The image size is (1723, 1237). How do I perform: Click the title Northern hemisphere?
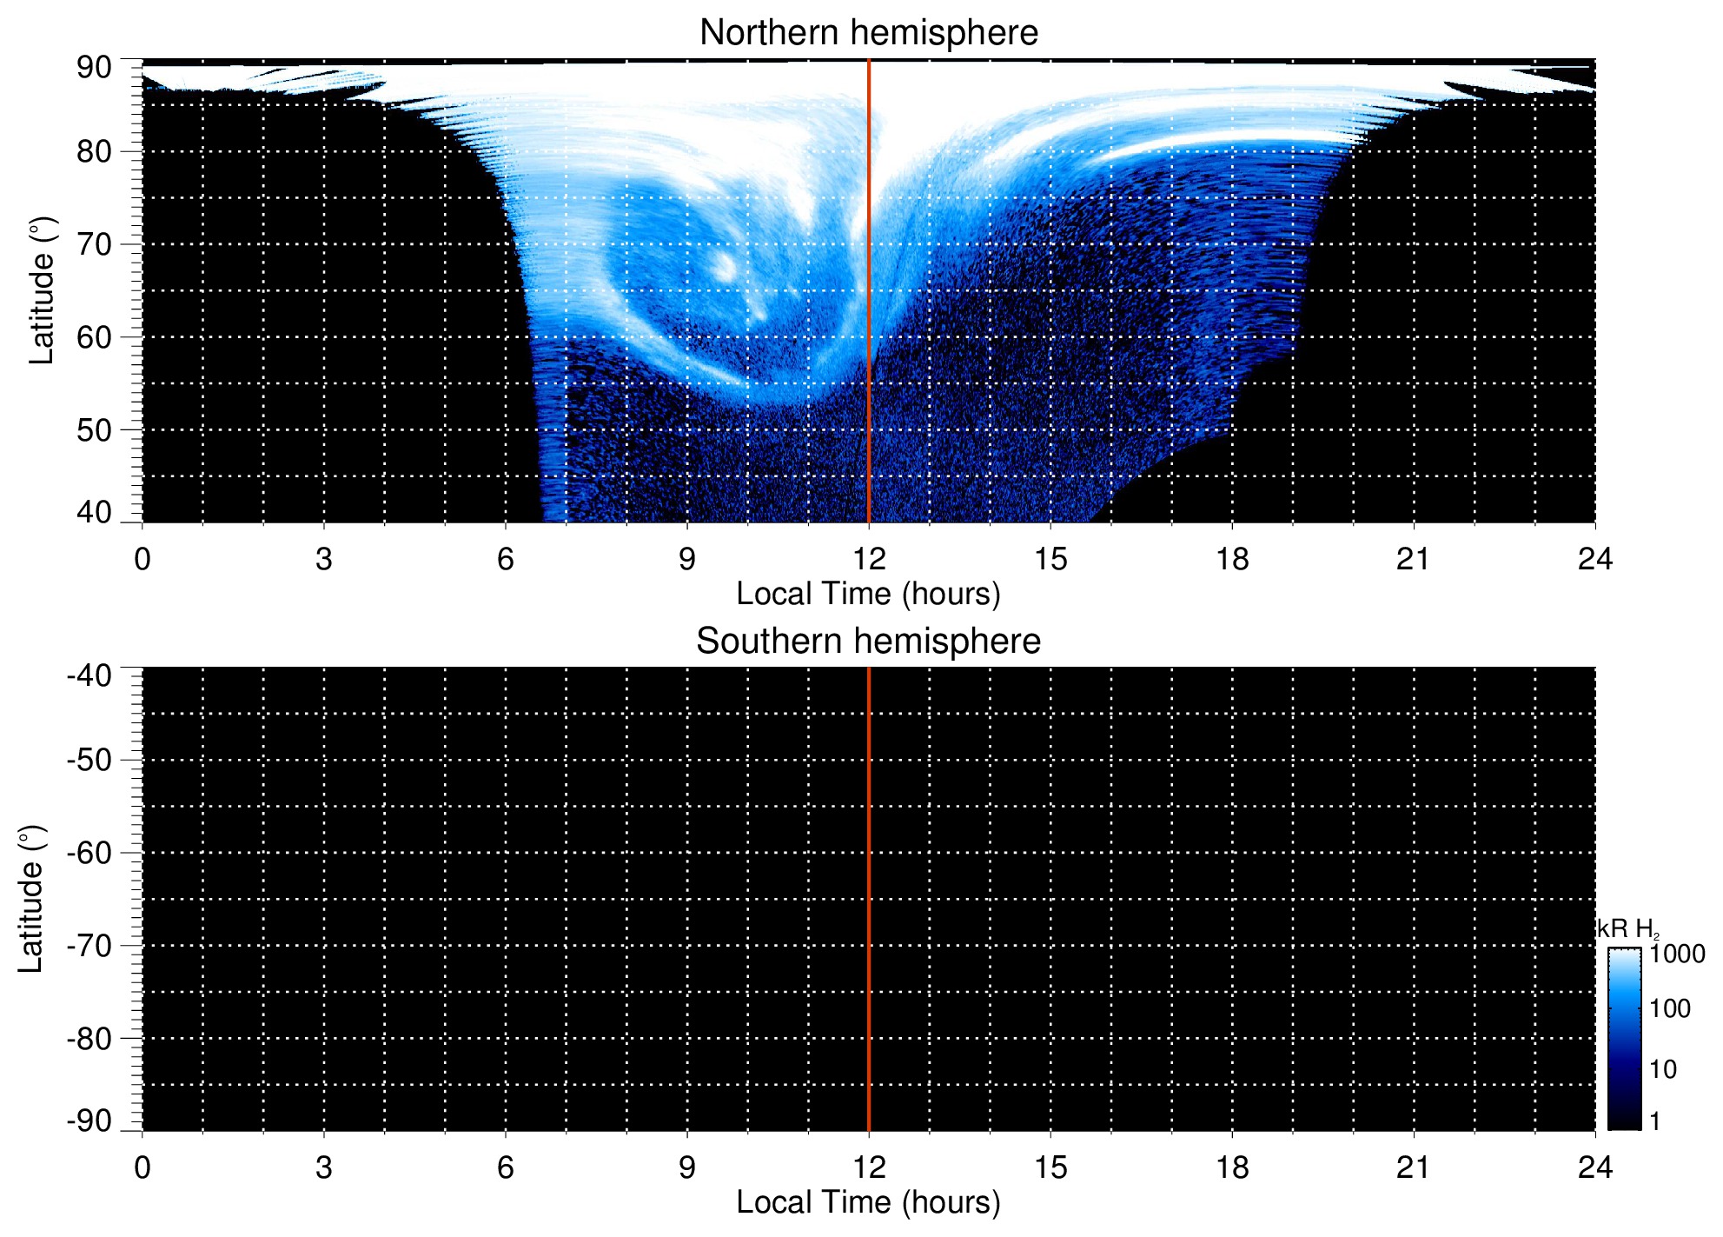click(x=868, y=33)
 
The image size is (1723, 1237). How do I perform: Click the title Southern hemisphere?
click(x=868, y=642)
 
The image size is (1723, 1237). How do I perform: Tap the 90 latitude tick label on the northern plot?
click(x=94, y=68)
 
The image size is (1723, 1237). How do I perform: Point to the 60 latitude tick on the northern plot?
click(x=94, y=337)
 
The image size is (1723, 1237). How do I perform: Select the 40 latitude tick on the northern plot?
click(x=94, y=513)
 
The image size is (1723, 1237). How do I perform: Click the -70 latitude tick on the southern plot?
click(x=89, y=946)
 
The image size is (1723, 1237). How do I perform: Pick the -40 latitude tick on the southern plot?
click(x=89, y=675)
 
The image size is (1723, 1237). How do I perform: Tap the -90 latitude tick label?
click(x=89, y=1121)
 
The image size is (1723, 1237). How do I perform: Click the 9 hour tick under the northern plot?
click(x=687, y=559)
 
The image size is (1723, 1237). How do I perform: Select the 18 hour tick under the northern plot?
click(x=1232, y=559)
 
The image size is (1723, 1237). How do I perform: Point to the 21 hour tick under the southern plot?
click(x=1414, y=1167)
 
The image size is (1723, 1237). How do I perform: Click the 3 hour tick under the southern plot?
click(x=324, y=1167)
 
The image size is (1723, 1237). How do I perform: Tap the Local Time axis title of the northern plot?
click(x=868, y=595)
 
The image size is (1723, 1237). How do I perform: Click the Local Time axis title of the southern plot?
click(x=868, y=1203)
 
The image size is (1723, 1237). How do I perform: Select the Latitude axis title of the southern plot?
click(x=31, y=899)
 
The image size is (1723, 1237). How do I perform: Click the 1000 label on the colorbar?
click(x=1677, y=954)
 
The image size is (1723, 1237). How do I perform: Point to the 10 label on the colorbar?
click(x=1663, y=1070)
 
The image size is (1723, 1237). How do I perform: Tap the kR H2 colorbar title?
click(x=1627, y=929)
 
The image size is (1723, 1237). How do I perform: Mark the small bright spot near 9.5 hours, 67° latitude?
click(x=724, y=266)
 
